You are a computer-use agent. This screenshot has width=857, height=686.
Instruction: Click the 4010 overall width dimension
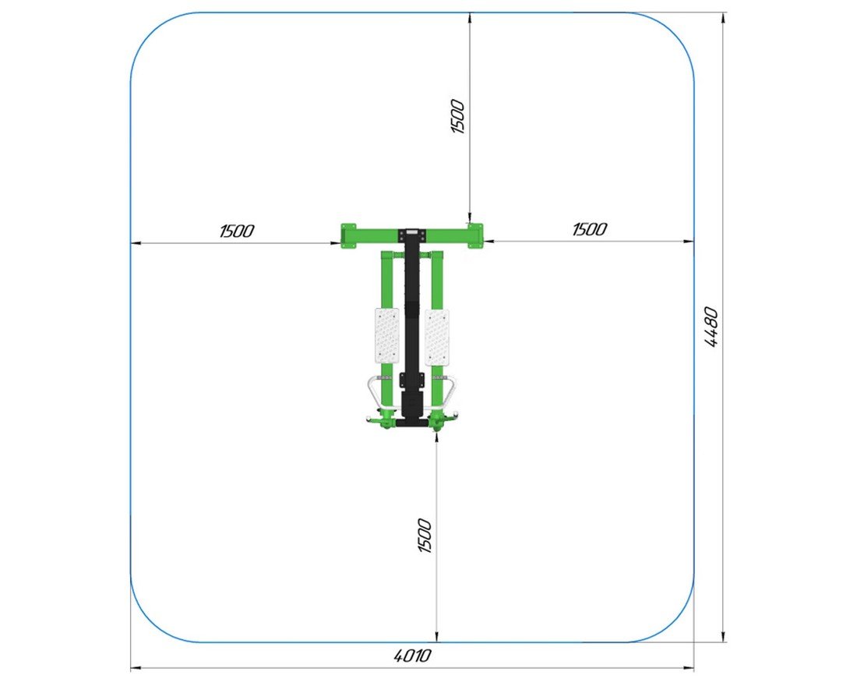(412, 655)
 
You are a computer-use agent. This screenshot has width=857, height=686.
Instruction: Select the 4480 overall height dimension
(711, 327)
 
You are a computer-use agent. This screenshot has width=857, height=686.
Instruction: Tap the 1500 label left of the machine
(237, 231)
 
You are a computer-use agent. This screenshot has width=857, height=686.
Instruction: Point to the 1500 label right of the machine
(589, 228)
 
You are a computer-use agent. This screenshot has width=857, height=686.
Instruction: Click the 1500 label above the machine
(457, 116)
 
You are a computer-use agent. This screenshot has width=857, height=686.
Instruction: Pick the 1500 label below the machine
(425, 536)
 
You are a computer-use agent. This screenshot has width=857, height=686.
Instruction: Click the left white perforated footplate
(387, 334)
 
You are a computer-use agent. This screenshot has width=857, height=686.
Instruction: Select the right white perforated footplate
(437, 337)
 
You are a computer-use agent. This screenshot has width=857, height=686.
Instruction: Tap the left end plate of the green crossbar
(348, 235)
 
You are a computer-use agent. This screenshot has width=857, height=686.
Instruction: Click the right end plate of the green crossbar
(475, 235)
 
